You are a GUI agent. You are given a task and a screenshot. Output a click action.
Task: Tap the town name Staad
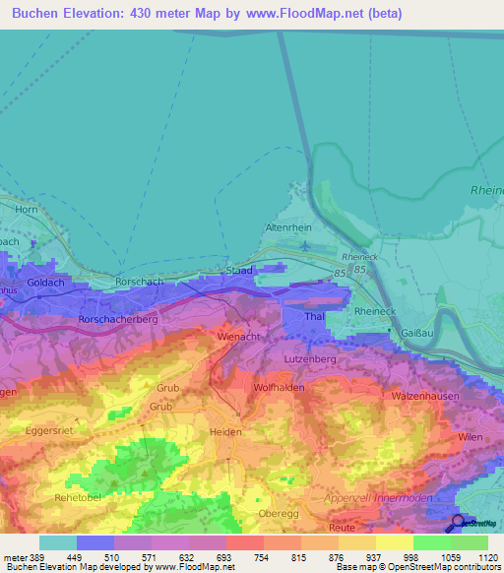(x=239, y=270)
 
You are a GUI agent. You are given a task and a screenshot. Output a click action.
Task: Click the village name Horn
(x=27, y=210)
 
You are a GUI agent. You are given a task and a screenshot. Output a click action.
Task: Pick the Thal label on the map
(x=315, y=317)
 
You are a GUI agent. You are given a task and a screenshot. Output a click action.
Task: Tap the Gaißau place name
(x=418, y=333)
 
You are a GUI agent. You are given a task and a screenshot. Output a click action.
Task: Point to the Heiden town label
(x=225, y=432)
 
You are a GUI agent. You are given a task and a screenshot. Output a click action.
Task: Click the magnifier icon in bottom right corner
(x=459, y=523)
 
